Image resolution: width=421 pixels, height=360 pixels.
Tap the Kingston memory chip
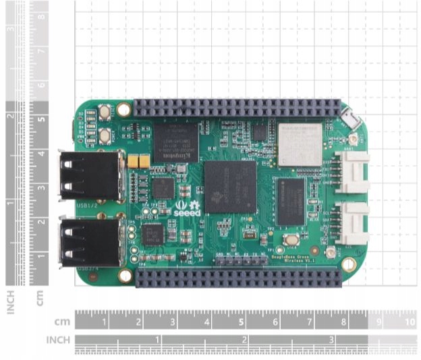coord(175,142)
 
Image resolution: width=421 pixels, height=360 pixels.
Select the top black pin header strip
coord(237,107)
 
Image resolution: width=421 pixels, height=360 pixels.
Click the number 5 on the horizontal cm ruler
coord(242,322)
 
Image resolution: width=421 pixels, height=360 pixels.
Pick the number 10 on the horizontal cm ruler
coord(410,322)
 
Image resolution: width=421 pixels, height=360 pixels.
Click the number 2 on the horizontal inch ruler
coord(244,339)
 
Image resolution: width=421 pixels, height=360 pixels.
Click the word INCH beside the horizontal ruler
coord(58,340)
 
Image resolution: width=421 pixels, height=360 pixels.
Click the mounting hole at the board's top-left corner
coord(123,109)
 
